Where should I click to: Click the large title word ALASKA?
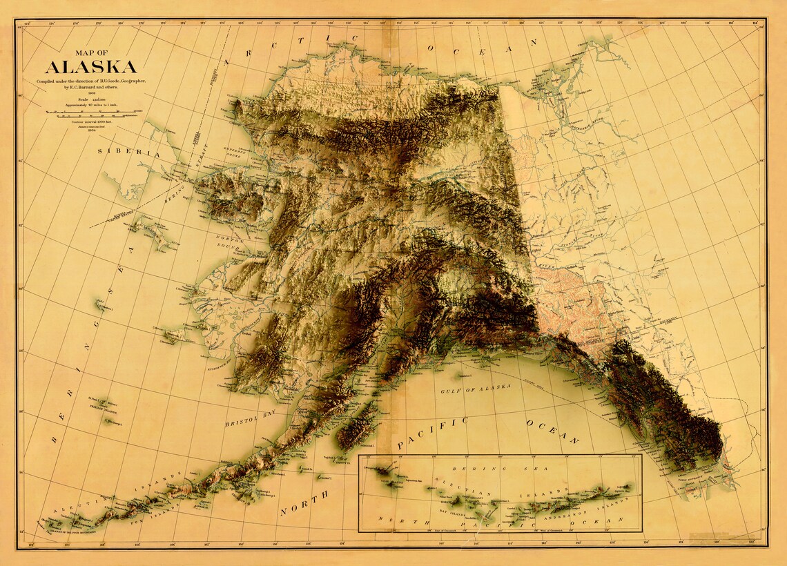click(90, 67)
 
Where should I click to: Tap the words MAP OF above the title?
click(90, 52)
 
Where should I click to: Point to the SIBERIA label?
click(128, 153)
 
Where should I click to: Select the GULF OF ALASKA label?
click(476, 389)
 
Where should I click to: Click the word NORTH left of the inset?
click(304, 504)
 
